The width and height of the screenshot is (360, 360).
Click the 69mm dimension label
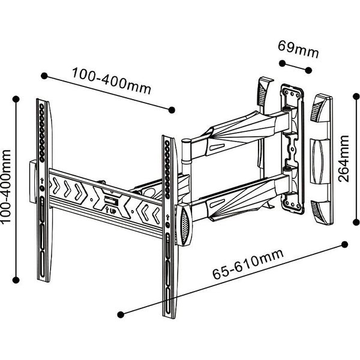click(298, 50)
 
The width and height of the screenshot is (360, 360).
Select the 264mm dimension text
click(343, 158)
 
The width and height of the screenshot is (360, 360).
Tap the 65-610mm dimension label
click(248, 264)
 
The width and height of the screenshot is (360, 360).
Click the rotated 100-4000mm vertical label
click(5, 186)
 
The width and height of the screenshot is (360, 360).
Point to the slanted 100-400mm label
click(112, 81)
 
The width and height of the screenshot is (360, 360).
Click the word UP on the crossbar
click(113, 211)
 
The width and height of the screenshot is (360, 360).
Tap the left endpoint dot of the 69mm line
click(282, 64)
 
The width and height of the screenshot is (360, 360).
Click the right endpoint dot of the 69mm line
click(308, 70)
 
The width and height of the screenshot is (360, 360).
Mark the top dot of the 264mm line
click(356, 97)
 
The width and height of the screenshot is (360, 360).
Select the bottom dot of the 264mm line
click(356, 222)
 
